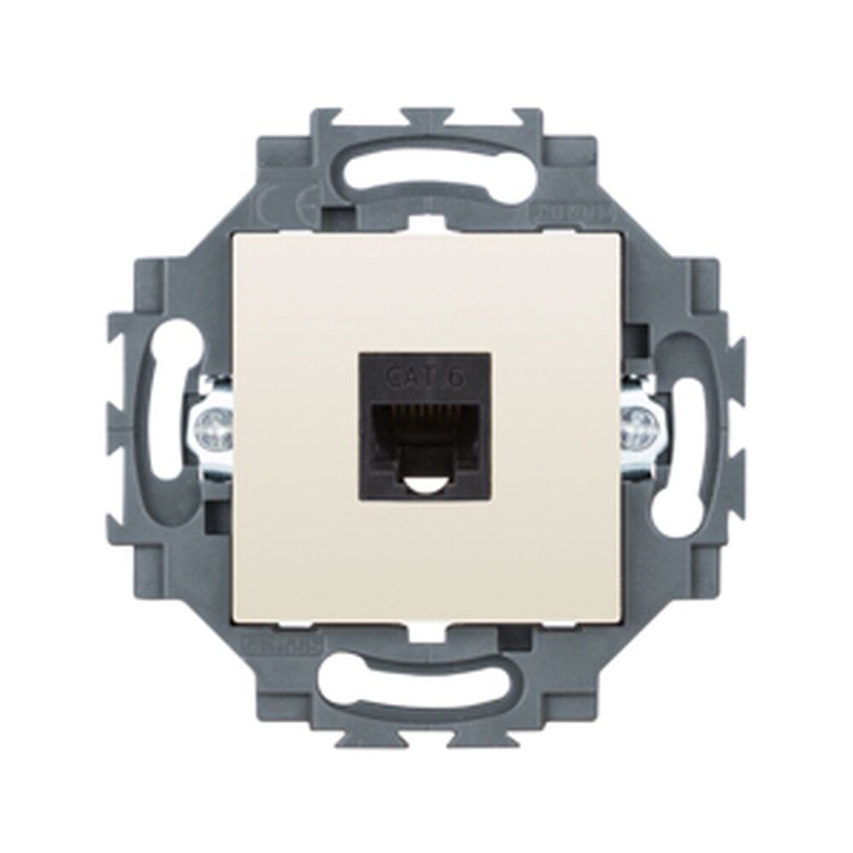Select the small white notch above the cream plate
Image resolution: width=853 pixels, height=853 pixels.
[x=426, y=223]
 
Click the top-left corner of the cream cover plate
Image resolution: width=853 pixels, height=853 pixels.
[x=236, y=237]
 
